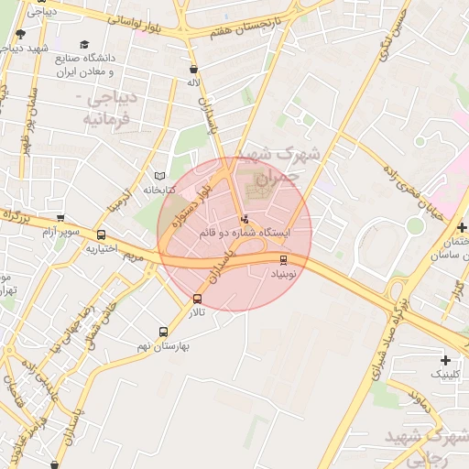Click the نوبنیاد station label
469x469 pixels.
283,273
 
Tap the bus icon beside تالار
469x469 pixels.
198,299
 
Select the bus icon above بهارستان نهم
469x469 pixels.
163,333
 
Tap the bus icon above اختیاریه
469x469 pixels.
101,234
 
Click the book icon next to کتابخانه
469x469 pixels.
161,176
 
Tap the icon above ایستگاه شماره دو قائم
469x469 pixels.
244,220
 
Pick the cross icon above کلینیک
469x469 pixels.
446,360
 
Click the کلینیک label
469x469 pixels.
446,375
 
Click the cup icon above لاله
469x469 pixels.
192,69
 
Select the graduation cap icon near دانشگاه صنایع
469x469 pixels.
85,45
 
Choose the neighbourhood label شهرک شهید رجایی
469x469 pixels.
424,444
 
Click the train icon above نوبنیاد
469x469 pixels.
283,259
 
